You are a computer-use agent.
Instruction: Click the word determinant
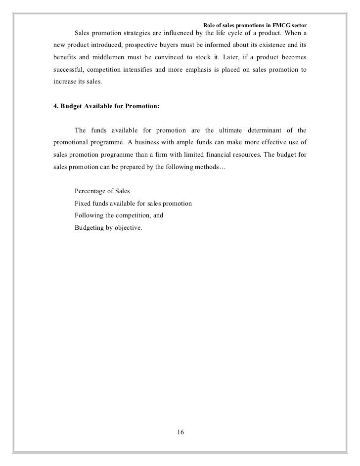tap(268, 130)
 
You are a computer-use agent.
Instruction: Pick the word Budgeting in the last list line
tap(90, 228)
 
